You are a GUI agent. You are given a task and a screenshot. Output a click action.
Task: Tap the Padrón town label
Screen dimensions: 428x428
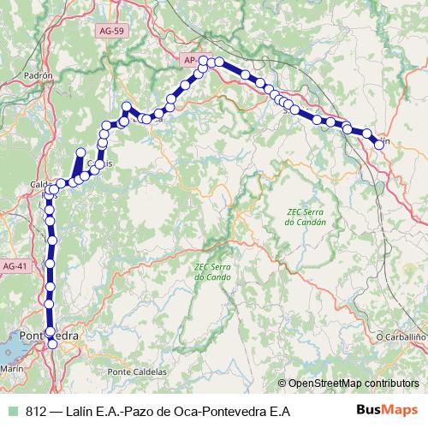pos(39,75)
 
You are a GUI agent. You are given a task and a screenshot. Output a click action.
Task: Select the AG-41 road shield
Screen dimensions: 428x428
pos(15,266)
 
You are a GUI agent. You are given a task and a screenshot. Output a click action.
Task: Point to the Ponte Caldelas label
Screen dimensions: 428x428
pos(136,371)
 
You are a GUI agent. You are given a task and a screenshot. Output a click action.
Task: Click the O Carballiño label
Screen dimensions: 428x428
pos(401,337)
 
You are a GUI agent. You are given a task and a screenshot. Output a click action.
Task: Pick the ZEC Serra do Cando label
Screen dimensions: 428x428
pos(213,271)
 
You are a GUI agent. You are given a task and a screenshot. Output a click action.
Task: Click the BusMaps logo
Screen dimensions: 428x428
pos(385,411)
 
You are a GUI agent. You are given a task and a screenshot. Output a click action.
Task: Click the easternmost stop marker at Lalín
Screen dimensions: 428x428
pos(379,144)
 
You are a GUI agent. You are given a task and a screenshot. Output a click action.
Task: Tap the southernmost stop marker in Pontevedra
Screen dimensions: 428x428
pos(52,343)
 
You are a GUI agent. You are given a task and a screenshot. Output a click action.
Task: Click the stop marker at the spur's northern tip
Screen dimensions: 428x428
pos(81,153)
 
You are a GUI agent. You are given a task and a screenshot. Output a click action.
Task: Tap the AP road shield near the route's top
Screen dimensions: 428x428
pos(190,60)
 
